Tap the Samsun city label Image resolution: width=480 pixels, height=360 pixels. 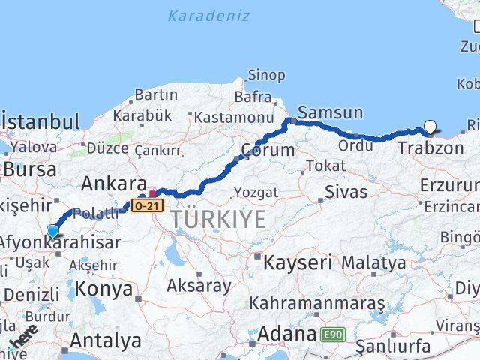click(x=332, y=113)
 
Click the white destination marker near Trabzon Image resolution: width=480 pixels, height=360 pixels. click(x=430, y=127)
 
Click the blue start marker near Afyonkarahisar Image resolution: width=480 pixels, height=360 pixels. click(x=52, y=231)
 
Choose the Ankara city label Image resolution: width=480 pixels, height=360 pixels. click(x=113, y=183)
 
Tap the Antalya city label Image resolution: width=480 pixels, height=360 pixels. click(x=107, y=340)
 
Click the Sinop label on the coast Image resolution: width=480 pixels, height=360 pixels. click(x=266, y=75)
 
